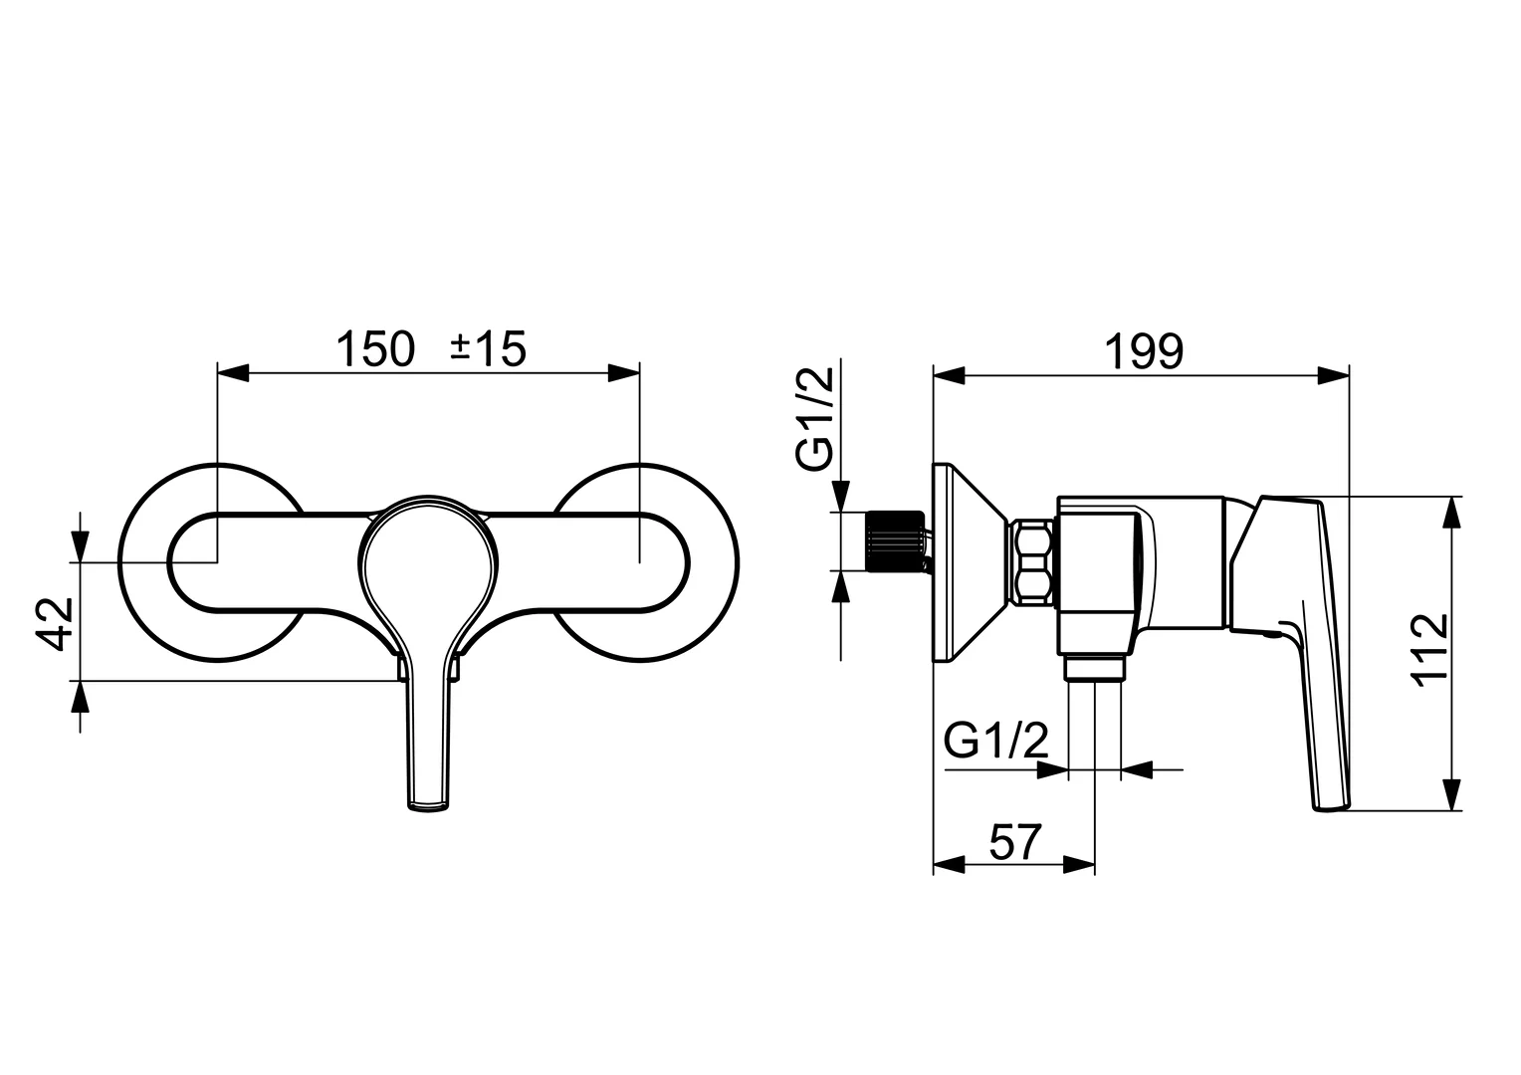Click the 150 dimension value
click(374, 349)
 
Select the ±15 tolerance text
click(488, 349)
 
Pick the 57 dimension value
click(1014, 843)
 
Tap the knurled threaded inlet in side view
click(894, 542)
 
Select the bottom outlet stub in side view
click(1095, 669)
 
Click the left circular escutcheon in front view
click(159, 562)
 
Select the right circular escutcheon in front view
click(697, 562)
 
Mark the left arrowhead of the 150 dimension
click(232, 373)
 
